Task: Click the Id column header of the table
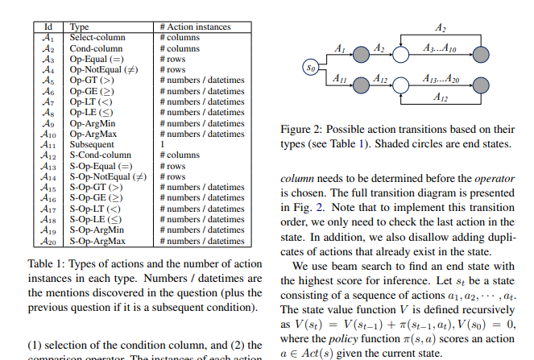48,27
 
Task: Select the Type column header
81,27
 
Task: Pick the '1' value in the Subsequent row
162,144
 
